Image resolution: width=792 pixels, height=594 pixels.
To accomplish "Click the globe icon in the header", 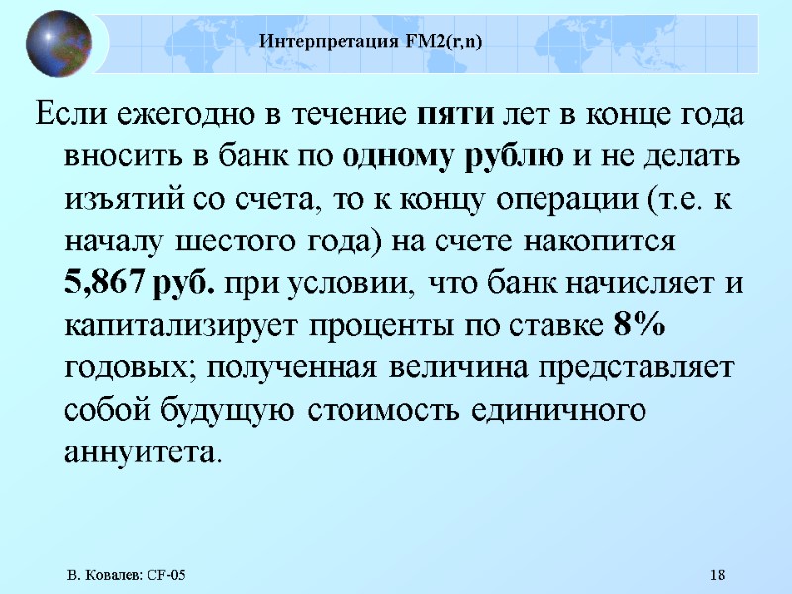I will (58, 44).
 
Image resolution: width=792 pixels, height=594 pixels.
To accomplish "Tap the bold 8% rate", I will (640, 325).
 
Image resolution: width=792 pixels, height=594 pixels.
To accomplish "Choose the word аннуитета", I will (141, 451).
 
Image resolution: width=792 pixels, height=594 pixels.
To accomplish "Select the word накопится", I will (602, 242).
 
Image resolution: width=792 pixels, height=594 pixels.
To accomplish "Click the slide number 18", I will (719, 576).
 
